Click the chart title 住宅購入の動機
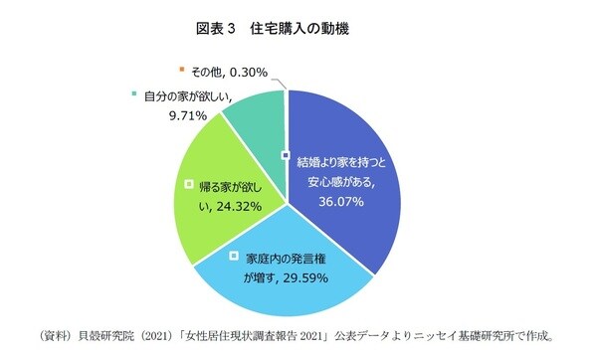pyautogui.click(x=321, y=29)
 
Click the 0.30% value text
pyautogui.click(x=250, y=73)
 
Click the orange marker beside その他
pyautogui.click(x=180, y=70)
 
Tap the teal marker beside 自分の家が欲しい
pyautogui.click(x=132, y=95)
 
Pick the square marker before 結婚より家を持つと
pyautogui.click(x=286, y=156)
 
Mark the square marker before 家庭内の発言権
pyautogui.click(x=233, y=256)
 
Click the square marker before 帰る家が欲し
pyautogui.click(x=190, y=183)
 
